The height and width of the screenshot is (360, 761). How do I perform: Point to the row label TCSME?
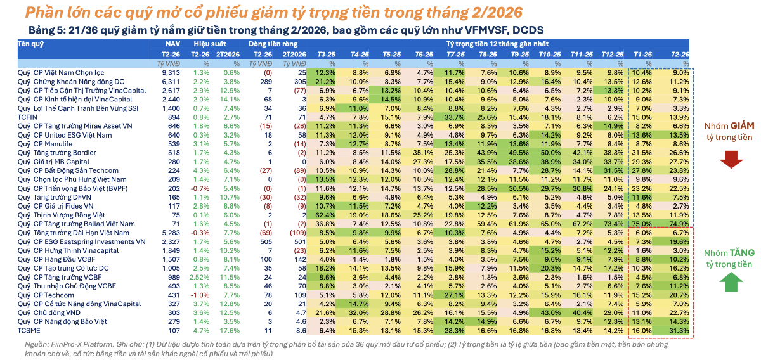tap(29, 331)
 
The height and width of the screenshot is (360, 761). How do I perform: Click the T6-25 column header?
tap(424, 55)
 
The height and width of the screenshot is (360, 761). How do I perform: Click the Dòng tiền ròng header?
tap(273, 44)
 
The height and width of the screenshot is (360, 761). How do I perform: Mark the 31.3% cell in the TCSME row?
tap(679, 331)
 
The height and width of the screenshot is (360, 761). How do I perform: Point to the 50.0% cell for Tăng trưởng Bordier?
tap(551, 153)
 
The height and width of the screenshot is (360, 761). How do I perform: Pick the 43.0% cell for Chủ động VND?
tap(551, 313)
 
